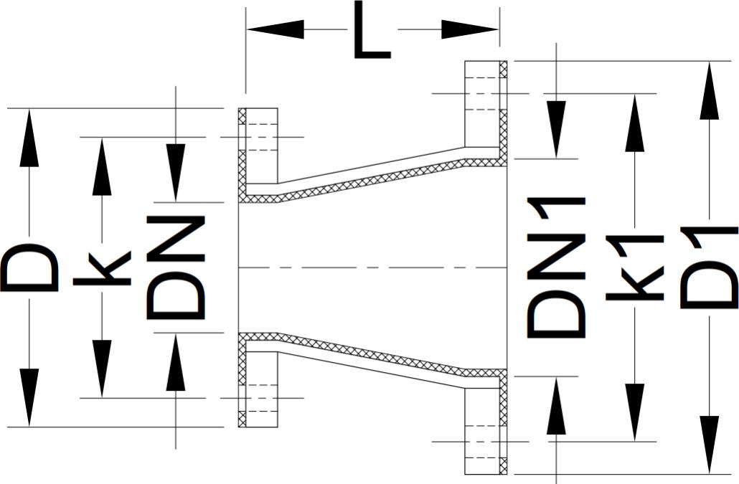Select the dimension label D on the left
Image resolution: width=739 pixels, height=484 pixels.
pos(30,268)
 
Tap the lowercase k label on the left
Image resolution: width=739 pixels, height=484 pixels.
pos(102,268)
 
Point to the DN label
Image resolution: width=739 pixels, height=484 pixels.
pos(176,267)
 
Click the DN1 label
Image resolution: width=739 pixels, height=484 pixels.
pos(557,267)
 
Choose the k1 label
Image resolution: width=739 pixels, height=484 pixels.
pos(634,267)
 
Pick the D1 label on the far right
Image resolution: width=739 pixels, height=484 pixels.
pos(709,267)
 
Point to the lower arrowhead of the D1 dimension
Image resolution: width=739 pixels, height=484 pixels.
pos(709,445)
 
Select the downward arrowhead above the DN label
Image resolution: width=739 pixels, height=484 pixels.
pos(176,172)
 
